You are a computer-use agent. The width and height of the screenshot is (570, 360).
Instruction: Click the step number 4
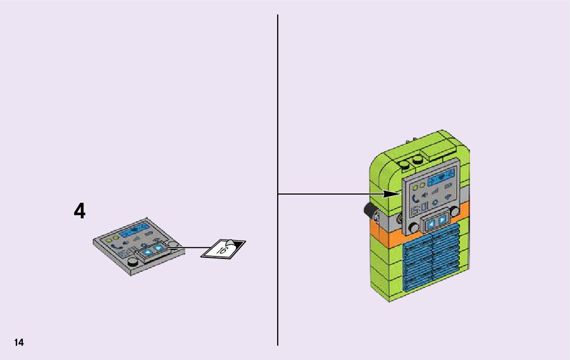pyautogui.click(x=80, y=211)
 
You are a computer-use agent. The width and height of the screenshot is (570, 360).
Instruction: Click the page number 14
pyautogui.click(x=19, y=342)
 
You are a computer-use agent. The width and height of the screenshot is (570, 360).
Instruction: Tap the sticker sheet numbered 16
pyautogui.click(x=223, y=248)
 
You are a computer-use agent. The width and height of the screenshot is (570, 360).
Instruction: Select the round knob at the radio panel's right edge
pyautogui.click(x=456, y=210)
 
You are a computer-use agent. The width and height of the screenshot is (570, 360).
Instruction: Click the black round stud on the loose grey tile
pyautogui.click(x=133, y=262)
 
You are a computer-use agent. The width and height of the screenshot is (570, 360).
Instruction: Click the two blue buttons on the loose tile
pyautogui.click(x=154, y=249)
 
